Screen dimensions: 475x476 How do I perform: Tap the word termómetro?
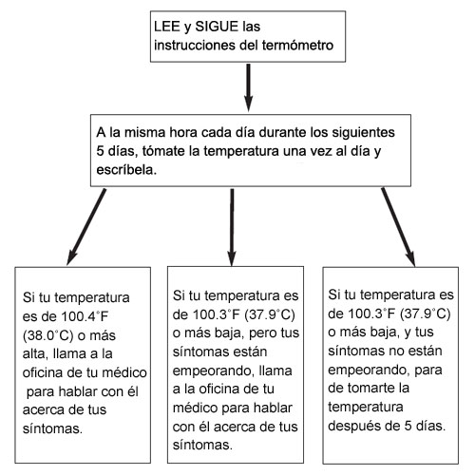point(297,45)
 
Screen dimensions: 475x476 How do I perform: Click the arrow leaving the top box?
point(249,87)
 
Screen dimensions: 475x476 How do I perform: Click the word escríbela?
point(126,170)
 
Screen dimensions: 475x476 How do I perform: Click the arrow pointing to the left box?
point(86,227)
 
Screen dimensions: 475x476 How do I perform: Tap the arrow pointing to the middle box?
point(232,227)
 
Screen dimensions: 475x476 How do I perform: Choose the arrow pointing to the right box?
point(398,227)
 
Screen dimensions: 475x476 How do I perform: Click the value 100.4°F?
point(85,316)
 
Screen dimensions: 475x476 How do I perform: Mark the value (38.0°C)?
point(48,335)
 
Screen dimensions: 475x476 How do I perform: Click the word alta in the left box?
point(35,353)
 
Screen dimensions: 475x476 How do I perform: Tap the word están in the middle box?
point(249,352)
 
